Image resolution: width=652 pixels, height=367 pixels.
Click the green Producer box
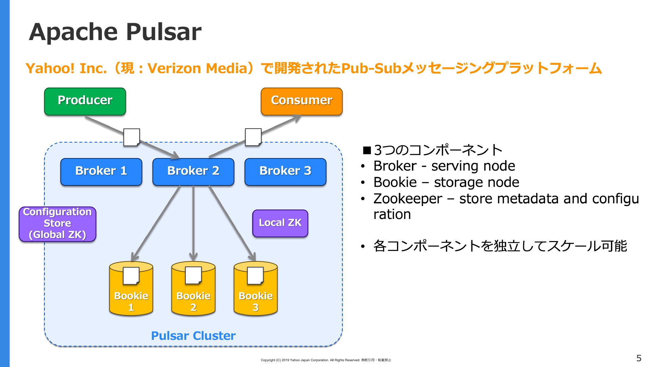[85, 102]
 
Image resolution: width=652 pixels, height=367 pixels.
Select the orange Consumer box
[302, 102]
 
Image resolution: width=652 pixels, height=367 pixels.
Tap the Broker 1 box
[101, 172]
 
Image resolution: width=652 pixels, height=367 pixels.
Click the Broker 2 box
[193, 172]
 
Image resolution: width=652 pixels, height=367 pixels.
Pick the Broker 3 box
[285, 172]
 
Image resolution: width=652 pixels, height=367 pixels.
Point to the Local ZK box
[280, 223]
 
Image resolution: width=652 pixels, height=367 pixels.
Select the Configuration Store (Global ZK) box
[57, 224]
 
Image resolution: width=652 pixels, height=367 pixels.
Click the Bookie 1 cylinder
[131, 288]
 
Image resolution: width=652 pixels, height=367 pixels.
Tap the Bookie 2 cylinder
[193, 288]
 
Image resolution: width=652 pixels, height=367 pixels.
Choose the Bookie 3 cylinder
[256, 288]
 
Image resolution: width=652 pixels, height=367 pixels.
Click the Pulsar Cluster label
[193, 336]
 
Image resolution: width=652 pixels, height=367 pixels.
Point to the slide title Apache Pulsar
[115, 32]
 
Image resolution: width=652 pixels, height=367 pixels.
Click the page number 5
[639, 358]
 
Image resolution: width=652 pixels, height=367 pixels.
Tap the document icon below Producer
[132, 137]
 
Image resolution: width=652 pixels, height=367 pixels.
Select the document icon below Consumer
[253, 137]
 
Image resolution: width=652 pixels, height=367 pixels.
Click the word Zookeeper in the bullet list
[408, 199]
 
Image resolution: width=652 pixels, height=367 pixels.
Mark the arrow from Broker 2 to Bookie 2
[193, 223]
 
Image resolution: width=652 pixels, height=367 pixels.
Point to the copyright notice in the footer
[326, 360]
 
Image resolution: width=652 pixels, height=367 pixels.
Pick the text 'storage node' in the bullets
[477, 183]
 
